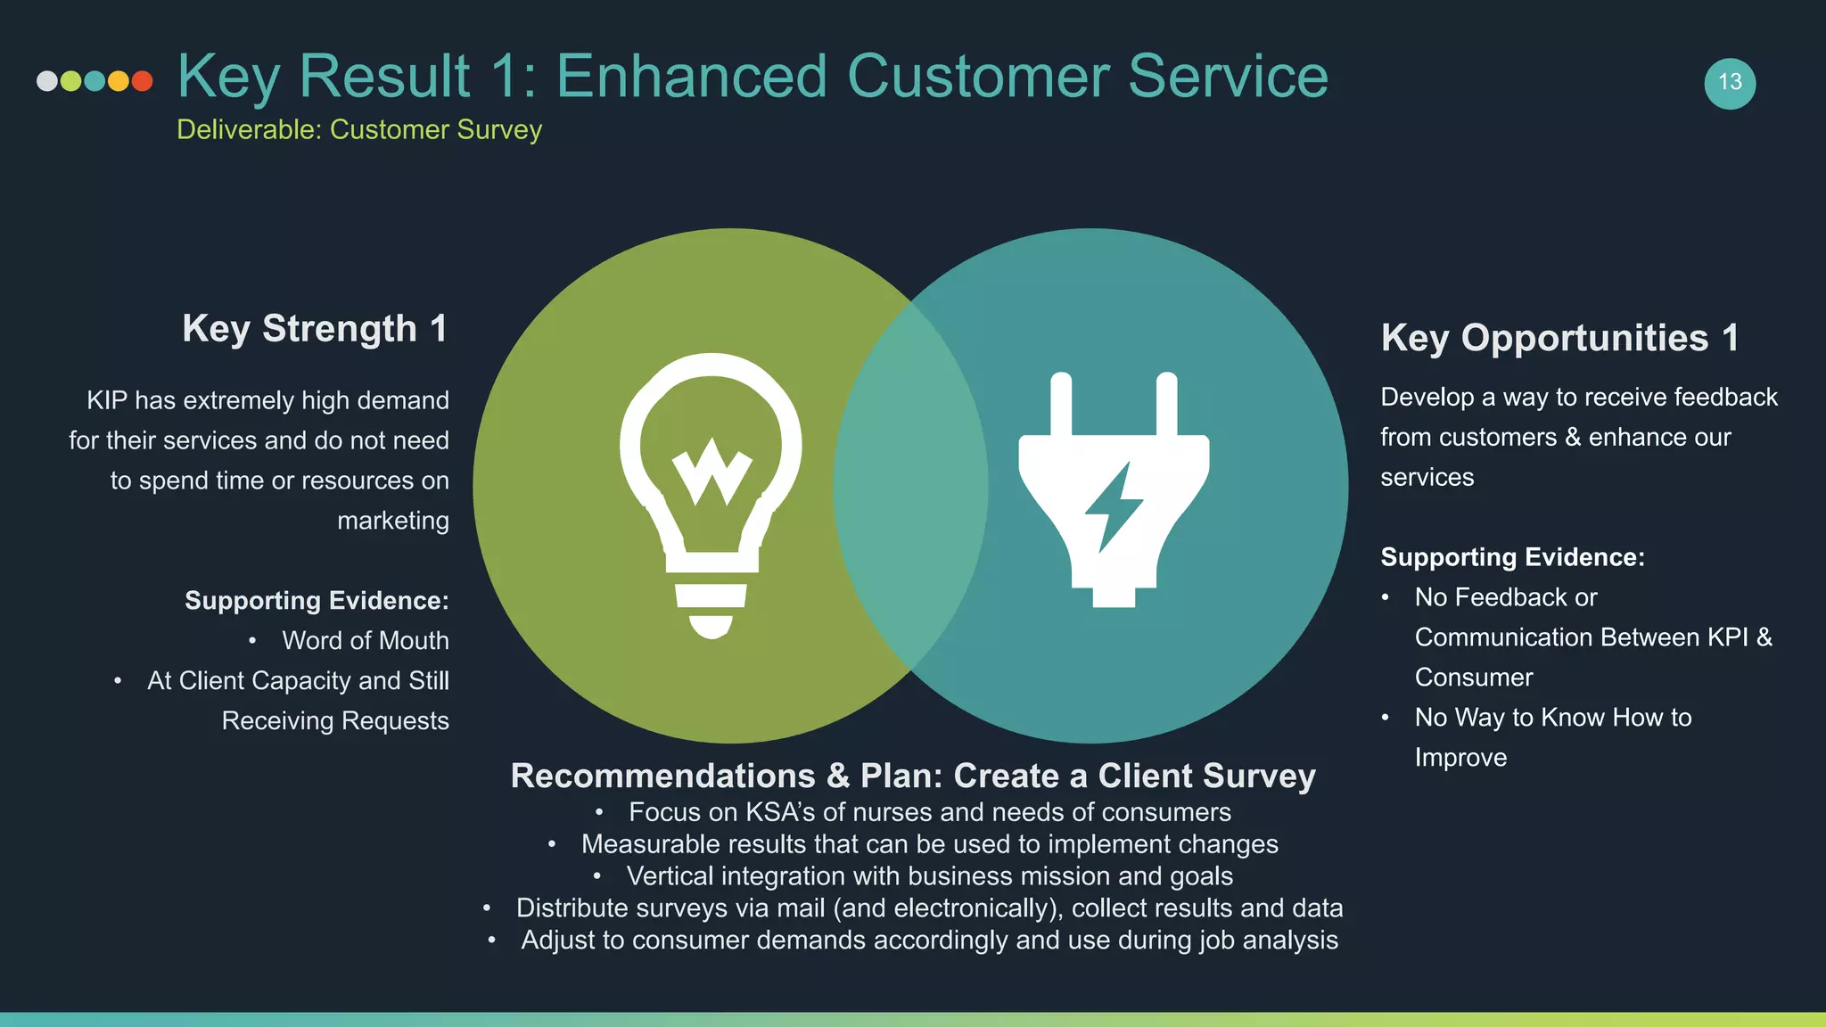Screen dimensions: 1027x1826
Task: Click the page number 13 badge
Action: pos(1730,83)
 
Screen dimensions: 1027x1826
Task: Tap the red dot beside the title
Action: pos(142,81)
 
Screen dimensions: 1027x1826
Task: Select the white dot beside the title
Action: pos(47,81)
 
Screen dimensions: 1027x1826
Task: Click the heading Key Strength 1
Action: pos(315,329)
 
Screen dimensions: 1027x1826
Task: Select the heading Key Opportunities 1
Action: pos(1559,338)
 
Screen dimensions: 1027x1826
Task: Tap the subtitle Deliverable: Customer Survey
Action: pos(359,130)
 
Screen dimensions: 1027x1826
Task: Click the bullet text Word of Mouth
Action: pos(365,641)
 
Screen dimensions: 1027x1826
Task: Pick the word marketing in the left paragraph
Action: pos(392,521)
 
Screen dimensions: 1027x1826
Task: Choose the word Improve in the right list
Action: pos(1460,758)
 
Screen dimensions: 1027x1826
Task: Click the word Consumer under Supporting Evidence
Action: pos(1474,678)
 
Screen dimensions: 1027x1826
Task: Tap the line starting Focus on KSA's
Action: pos(929,812)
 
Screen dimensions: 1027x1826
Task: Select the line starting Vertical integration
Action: pos(929,876)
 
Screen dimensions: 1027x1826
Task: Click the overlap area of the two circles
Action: pos(910,486)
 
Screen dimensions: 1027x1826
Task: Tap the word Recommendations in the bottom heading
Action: pos(662,776)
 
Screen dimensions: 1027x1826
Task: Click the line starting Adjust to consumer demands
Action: pos(929,941)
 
